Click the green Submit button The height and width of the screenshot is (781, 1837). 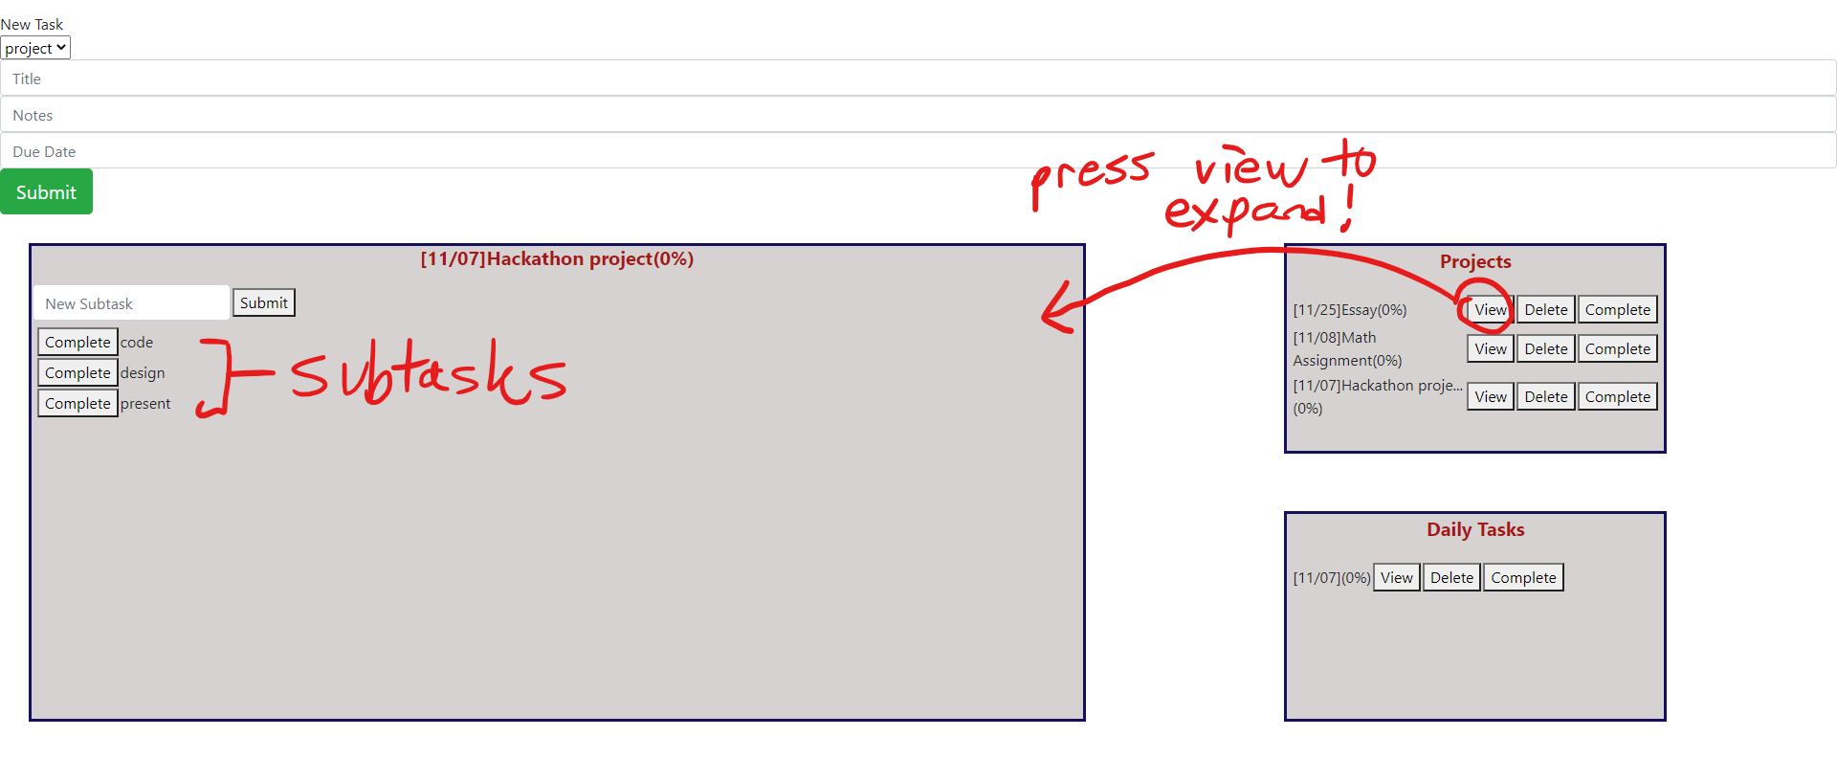(x=46, y=191)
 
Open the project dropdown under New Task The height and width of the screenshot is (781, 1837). (x=35, y=48)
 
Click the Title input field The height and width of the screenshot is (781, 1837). (x=918, y=78)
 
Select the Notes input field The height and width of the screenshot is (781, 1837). (x=918, y=115)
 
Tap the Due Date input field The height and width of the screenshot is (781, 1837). (x=918, y=151)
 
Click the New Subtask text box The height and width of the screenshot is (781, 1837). (x=132, y=303)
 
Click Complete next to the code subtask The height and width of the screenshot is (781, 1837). (x=77, y=342)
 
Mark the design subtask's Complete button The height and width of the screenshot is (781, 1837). (x=77, y=372)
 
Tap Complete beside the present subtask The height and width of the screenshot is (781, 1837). (x=77, y=403)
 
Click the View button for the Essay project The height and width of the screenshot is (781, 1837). (x=1490, y=309)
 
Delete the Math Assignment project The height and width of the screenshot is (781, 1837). (x=1545, y=348)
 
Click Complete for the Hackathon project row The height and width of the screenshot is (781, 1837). (x=1617, y=396)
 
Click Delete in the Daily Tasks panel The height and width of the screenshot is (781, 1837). (x=1451, y=577)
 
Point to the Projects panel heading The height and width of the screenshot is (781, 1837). (x=1474, y=261)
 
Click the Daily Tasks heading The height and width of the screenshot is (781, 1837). (x=1474, y=529)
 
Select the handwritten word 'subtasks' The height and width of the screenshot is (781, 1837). (x=429, y=373)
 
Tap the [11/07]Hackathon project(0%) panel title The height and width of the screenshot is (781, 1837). (x=557, y=258)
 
